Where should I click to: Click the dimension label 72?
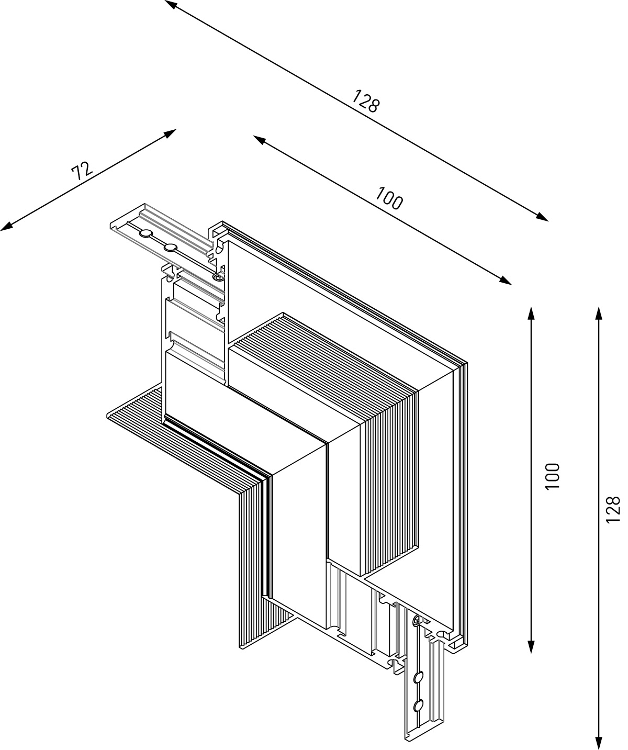click(82, 171)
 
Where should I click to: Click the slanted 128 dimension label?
click(365, 101)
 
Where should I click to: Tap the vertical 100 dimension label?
click(552, 476)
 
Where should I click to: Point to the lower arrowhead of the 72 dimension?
click(6, 227)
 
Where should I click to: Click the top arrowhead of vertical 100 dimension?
click(531, 313)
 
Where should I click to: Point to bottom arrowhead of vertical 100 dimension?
click(531, 647)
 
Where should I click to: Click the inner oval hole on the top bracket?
click(170, 247)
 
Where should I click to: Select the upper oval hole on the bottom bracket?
click(418, 678)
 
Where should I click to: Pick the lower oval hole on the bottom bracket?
click(418, 706)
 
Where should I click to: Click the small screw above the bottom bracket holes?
click(416, 621)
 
